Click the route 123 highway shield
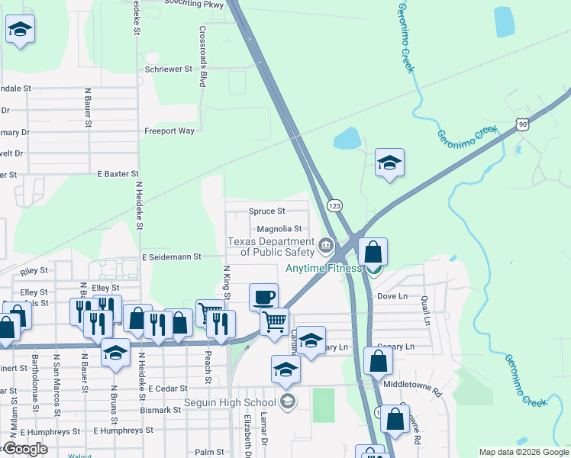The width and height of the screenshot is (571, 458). pos(334,205)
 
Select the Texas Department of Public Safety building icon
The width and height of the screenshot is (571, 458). pos(327,245)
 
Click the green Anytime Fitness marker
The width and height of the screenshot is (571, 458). pos(373,269)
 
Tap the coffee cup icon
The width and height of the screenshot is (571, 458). pos(264,296)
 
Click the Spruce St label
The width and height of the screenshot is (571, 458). pos(266,211)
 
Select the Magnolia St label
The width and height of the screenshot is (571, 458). pos(279,228)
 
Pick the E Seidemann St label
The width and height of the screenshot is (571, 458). pos(170,256)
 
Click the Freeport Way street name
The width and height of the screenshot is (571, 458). pos(169,131)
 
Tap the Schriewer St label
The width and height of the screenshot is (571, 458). pos(169,69)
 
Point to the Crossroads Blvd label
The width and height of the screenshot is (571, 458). pos(203,57)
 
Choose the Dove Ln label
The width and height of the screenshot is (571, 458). pos(392,296)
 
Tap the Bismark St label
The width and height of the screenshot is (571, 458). pos(160,410)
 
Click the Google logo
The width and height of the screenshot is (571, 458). pos(25,449)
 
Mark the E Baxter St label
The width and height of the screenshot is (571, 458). pos(118,175)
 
